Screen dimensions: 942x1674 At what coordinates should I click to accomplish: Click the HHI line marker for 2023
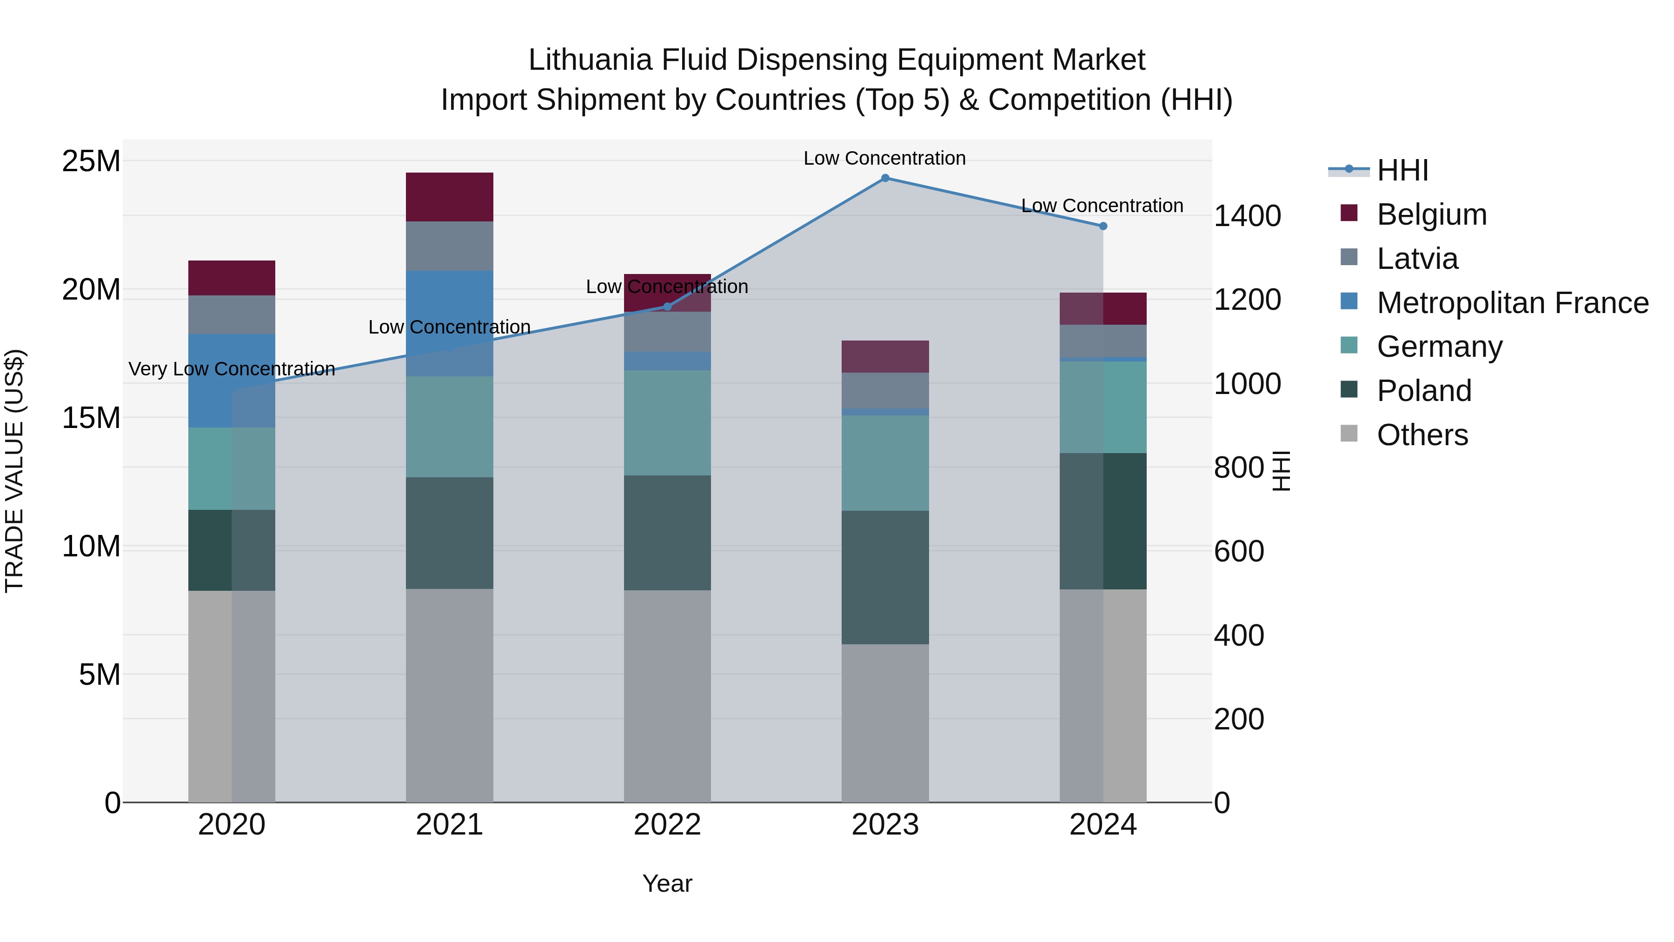885,178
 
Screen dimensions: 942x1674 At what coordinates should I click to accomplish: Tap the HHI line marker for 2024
1103,226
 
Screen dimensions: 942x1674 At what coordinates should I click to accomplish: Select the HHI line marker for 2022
667,306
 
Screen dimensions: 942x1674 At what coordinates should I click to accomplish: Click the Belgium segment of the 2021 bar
449,196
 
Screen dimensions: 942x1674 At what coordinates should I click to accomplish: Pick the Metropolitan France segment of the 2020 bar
232,381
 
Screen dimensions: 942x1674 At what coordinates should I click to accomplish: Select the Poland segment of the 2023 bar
885,577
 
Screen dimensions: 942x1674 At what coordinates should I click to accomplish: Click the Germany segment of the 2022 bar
667,422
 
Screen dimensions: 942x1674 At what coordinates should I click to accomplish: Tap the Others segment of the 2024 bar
1103,695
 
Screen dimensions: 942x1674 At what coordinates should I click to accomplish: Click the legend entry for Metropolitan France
1512,303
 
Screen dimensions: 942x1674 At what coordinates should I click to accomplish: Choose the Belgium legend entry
1432,214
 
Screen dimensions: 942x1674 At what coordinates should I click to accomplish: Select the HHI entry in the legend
1402,170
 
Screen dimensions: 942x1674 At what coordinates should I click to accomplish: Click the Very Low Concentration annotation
232,368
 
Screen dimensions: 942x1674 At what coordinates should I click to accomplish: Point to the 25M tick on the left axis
91,160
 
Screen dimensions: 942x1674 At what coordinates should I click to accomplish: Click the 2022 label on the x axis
667,825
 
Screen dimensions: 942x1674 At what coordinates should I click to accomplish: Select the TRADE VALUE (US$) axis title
14,471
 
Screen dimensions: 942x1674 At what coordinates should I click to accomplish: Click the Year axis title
667,883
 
